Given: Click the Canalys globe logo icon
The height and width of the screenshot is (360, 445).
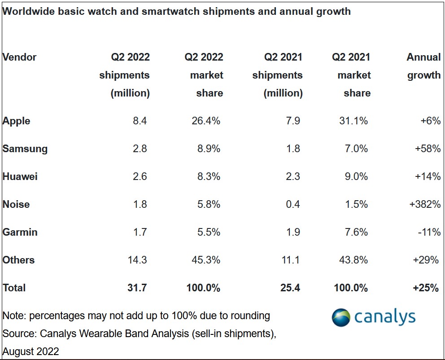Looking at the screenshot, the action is pos(341,317).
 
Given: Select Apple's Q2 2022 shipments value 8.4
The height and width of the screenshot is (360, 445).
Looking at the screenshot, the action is pos(140,121).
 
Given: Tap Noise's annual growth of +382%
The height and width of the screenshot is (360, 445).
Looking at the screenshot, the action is pos(425,204).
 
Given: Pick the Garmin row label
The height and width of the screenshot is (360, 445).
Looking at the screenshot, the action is pos(20,232).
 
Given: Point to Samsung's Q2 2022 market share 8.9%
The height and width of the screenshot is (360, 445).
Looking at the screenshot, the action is pos(209,149).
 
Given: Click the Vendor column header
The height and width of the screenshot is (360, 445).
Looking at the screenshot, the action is pos(19,57).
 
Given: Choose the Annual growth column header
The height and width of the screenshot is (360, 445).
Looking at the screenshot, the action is pos(424,66).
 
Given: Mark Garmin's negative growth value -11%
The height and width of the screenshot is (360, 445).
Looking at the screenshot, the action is pos(429,232).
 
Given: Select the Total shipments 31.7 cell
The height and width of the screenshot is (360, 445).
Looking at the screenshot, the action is pos(137,288).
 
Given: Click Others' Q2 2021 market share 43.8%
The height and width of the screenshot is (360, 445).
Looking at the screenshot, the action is pos(353,260).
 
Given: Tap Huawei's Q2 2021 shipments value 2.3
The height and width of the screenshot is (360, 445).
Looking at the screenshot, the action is pos(293,176).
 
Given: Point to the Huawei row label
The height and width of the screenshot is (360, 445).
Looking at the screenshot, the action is pos(20,176).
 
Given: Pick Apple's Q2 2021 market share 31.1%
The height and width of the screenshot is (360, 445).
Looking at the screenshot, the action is pos(353,121).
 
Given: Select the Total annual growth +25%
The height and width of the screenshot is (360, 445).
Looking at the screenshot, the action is pos(426,288).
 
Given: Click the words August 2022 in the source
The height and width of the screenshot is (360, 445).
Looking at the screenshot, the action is pos(31,351).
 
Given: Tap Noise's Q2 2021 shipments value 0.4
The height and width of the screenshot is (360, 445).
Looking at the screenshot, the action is pos(293,204).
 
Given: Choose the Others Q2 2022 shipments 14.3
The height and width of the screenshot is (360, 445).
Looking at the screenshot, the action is pos(137,260).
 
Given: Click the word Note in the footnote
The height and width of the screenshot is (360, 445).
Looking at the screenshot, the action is pos(14,316).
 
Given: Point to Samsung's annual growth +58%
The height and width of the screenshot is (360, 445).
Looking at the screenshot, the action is pos(428,149).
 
